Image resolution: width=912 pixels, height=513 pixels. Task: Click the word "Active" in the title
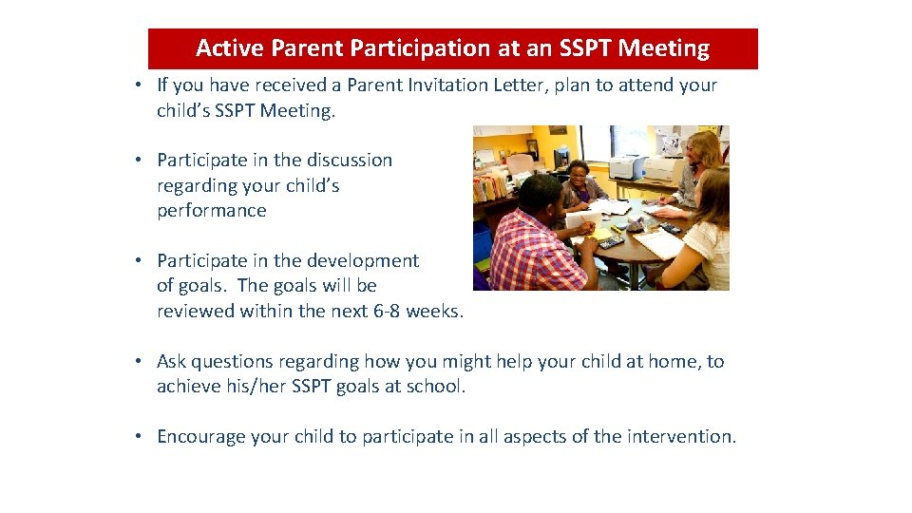pos(230,47)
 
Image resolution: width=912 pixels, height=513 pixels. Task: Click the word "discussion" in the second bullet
pos(344,161)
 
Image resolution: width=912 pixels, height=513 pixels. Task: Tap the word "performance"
pos(212,211)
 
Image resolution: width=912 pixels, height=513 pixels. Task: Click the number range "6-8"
pos(382,312)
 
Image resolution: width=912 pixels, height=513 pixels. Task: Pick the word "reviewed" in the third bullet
pos(195,312)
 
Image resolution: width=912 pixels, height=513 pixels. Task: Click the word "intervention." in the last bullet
pos(681,437)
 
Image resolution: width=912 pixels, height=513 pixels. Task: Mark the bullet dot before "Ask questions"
pos(139,361)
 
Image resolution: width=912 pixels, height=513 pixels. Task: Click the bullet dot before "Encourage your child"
pos(139,437)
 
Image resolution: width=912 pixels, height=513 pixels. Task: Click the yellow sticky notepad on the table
pos(599,234)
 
